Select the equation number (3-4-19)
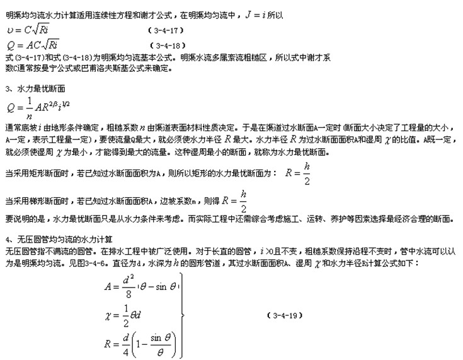pyautogui.click(x=282, y=313)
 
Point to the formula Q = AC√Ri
pyautogui.click(x=32, y=45)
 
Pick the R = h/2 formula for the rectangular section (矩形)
pyautogui.click(x=299, y=174)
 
